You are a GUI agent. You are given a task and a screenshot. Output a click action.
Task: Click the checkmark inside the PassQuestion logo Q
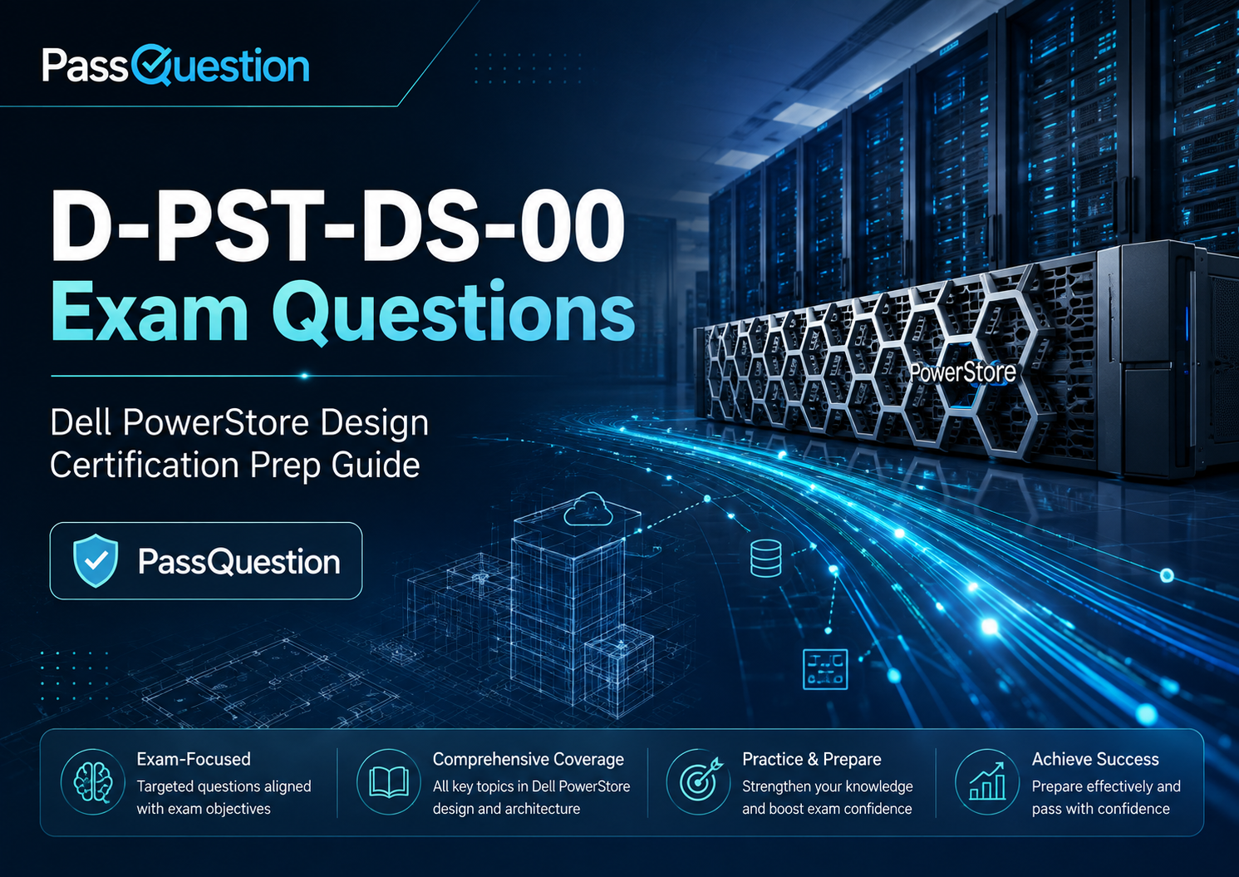[x=150, y=66]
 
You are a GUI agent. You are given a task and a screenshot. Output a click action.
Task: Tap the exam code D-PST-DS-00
[x=338, y=228]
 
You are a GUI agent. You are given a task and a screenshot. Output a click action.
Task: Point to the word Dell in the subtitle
[x=81, y=423]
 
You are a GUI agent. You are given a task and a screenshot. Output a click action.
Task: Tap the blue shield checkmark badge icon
[x=96, y=560]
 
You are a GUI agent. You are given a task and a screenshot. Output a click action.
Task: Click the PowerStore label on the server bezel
[x=963, y=372]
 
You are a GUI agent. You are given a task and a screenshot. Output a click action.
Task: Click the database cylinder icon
[x=766, y=559]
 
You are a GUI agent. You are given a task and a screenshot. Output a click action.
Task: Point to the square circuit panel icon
[x=824, y=669]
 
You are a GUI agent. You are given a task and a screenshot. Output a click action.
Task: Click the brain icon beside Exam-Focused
[x=93, y=782]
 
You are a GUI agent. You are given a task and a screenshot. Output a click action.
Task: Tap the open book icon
[x=388, y=782]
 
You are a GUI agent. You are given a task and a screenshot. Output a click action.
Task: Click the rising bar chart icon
[x=987, y=781]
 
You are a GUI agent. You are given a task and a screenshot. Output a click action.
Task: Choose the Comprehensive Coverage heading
[x=529, y=759]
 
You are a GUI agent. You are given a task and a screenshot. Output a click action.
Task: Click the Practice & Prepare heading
[x=811, y=759]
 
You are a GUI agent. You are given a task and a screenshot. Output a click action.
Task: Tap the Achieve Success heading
[x=1095, y=759]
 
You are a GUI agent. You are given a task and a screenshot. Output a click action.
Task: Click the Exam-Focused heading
[x=194, y=759]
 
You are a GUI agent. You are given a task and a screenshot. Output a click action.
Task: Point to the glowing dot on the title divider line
[x=304, y=376]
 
